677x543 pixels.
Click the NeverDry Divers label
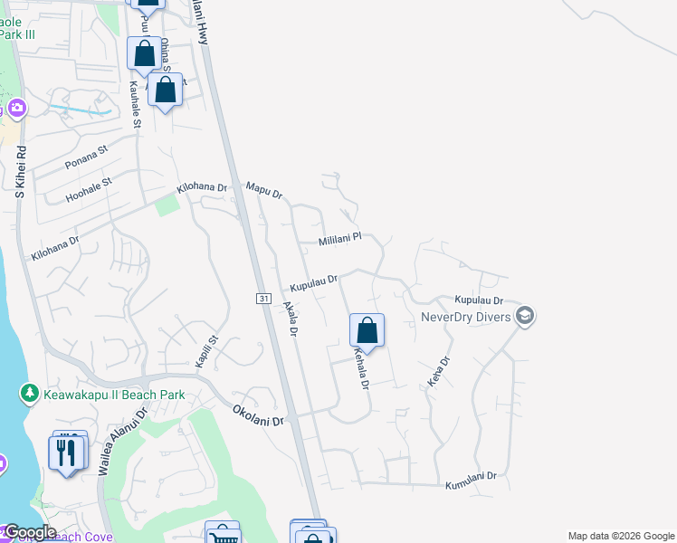[465, 317]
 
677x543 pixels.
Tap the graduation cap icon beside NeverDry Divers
[525, 316]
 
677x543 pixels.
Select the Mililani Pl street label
[339, 241]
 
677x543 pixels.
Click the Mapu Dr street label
[264, 191]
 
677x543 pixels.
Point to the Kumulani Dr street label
[472, 481]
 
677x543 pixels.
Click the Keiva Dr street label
[438, 372]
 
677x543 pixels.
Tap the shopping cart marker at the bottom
[222, 536]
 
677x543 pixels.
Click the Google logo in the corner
[29, 532]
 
